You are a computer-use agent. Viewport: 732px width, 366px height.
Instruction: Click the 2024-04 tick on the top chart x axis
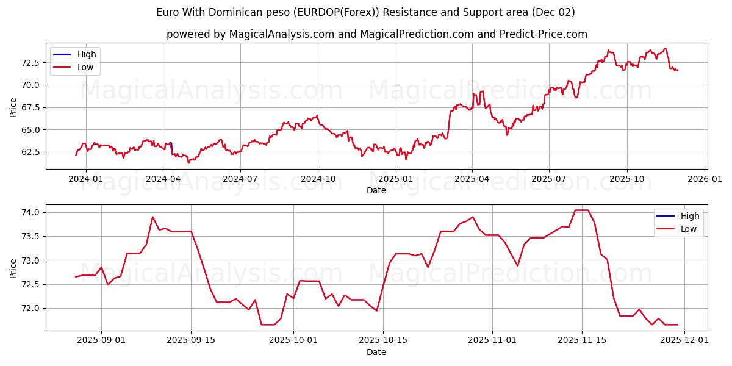(163, 178)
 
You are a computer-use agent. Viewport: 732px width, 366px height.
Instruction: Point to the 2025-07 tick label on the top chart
(549, 178)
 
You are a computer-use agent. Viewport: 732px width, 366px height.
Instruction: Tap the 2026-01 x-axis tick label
(705, 178)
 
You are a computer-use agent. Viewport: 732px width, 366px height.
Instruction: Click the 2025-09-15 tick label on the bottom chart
(191, 340)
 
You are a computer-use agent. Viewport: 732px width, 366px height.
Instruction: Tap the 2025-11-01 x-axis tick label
(492, 340)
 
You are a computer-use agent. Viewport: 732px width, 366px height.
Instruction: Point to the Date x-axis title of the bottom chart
(376, 352)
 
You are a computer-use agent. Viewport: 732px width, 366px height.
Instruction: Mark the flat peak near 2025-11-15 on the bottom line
(581, 210)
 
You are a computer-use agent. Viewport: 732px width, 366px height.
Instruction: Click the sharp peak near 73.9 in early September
(152, 217)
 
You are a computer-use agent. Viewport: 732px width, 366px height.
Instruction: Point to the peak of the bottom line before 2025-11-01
(473, 217)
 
